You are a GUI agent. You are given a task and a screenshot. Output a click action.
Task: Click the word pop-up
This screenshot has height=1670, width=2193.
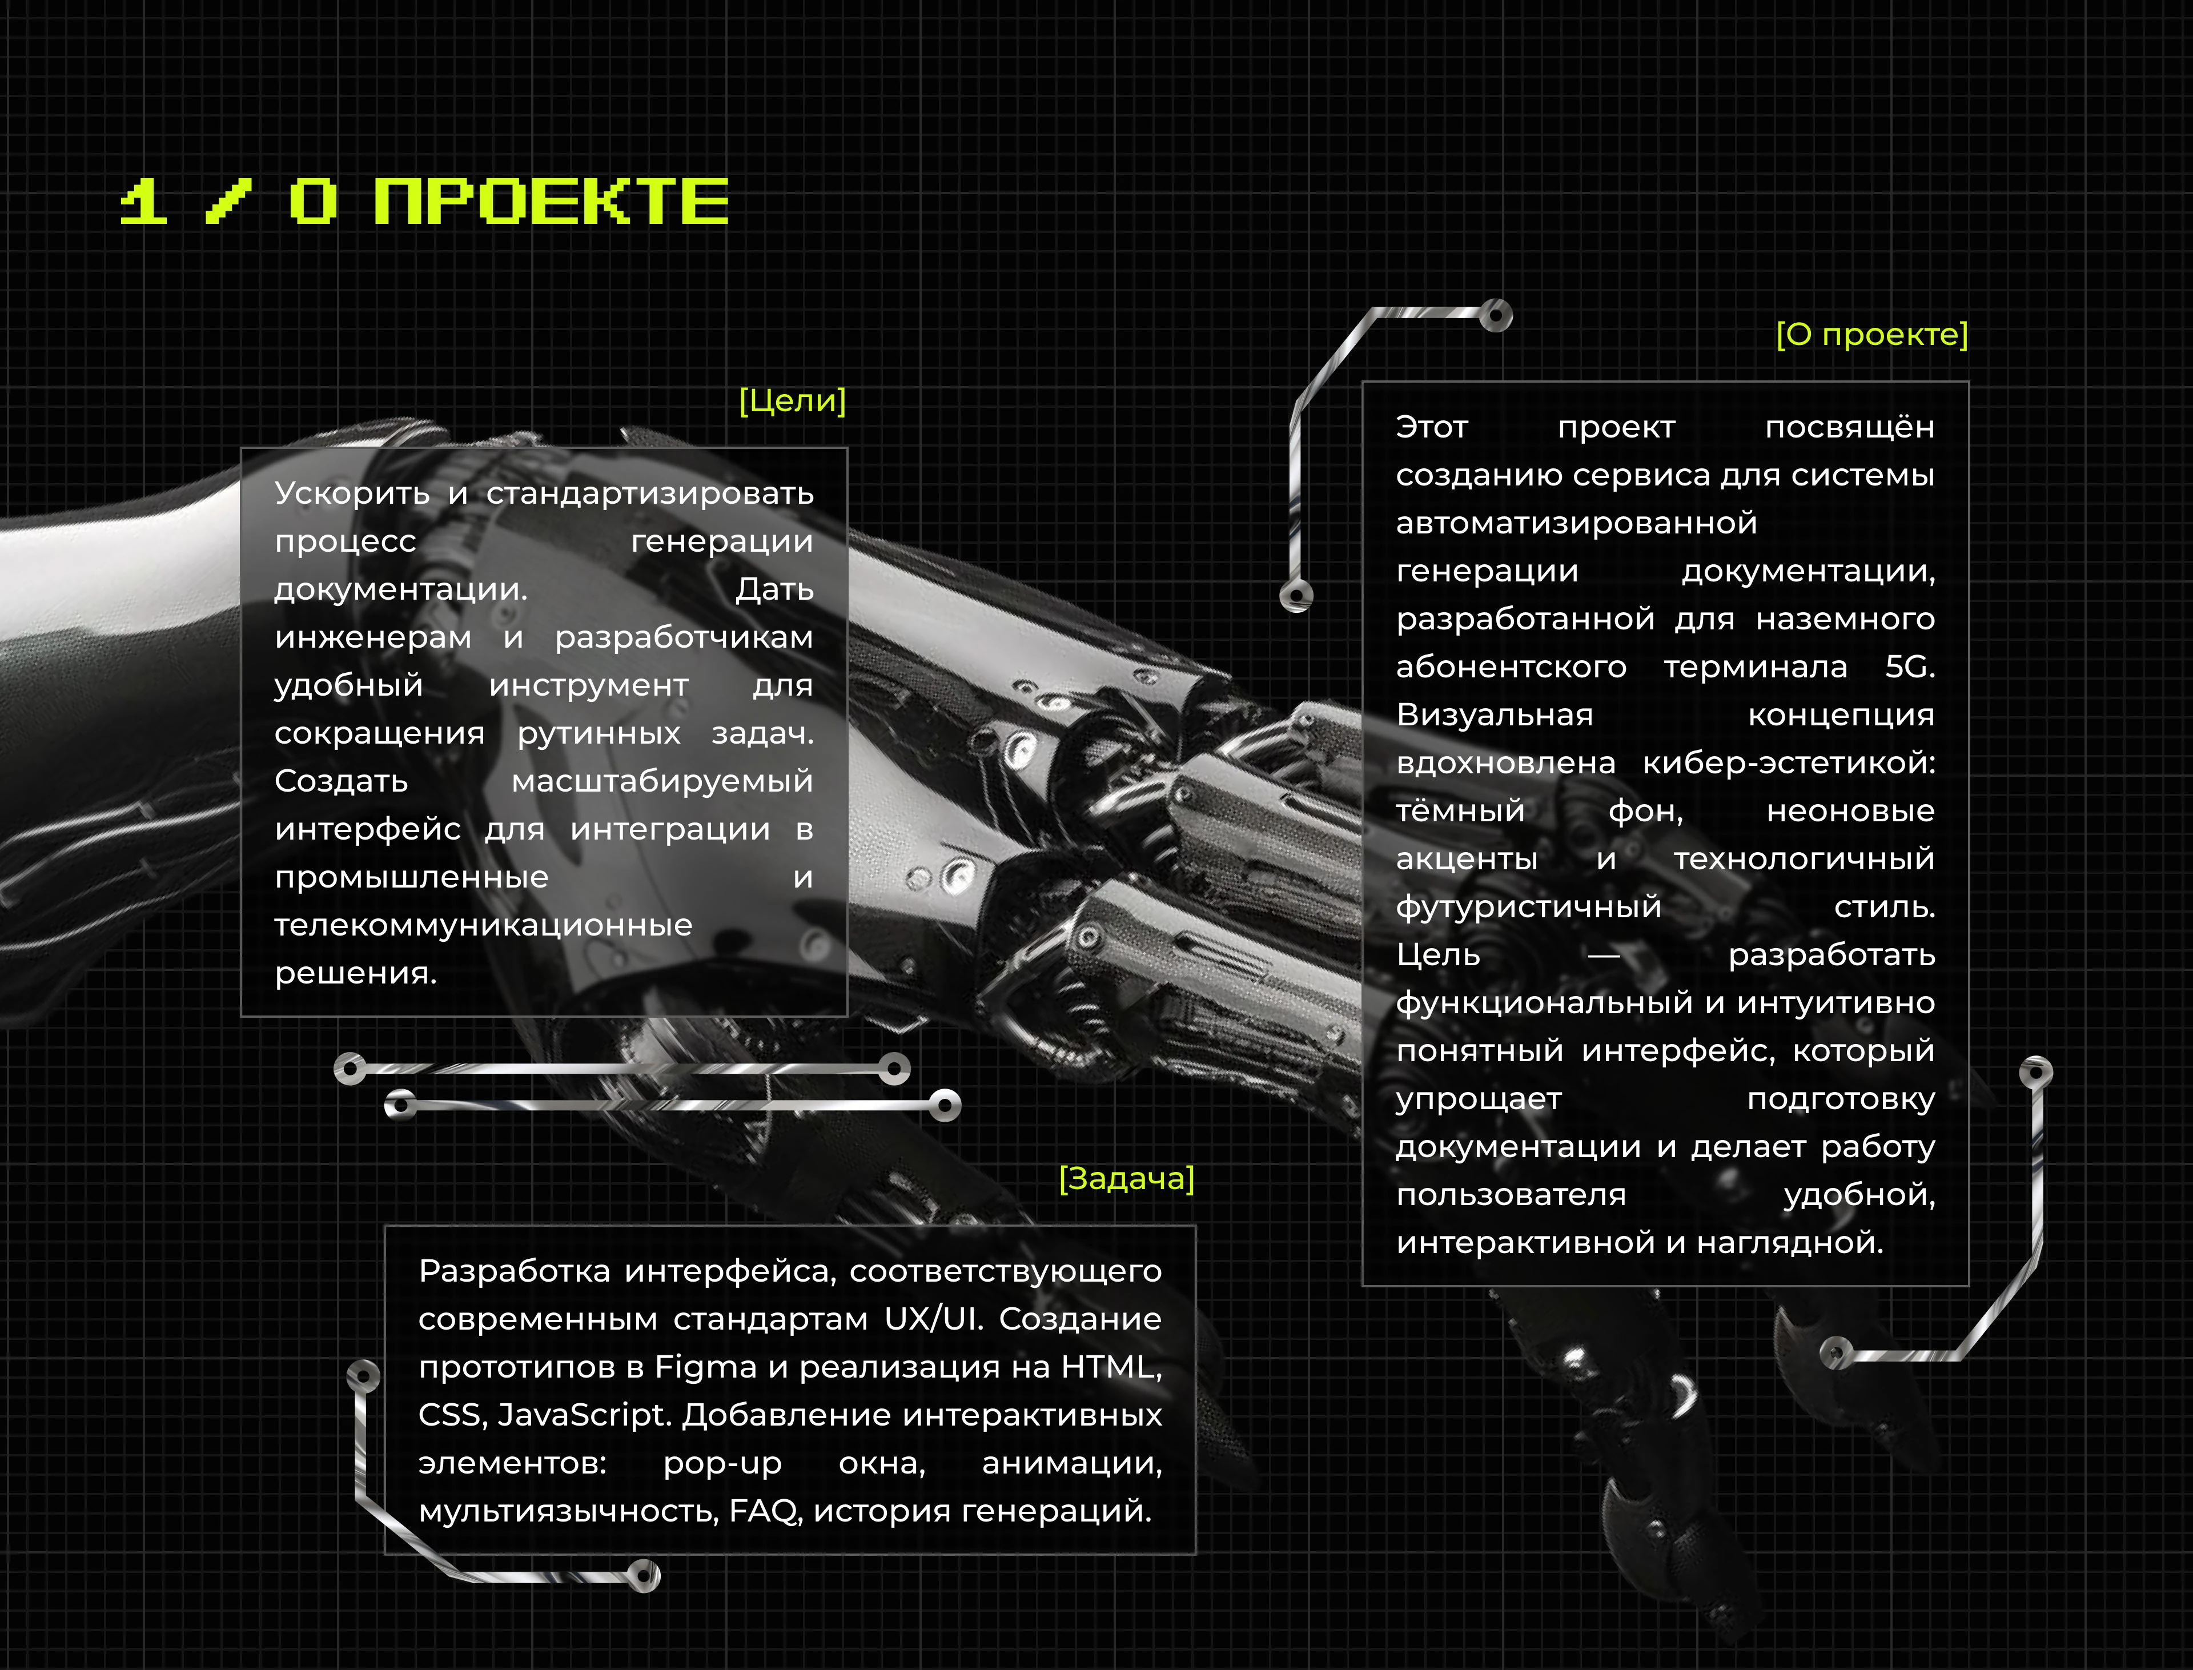pos(722,1463)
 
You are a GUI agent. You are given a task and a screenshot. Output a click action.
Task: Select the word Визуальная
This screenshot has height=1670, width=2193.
pos(1494,714)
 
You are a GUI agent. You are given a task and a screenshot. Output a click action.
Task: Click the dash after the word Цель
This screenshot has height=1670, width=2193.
pos(1604,956)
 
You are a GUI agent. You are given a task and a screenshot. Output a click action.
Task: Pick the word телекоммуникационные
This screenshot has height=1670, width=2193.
pos(483,925)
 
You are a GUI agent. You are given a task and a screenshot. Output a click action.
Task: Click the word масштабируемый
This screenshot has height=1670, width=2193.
pos(662,781)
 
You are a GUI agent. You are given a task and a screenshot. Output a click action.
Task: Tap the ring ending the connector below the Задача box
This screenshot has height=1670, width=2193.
pos(644,1576)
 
